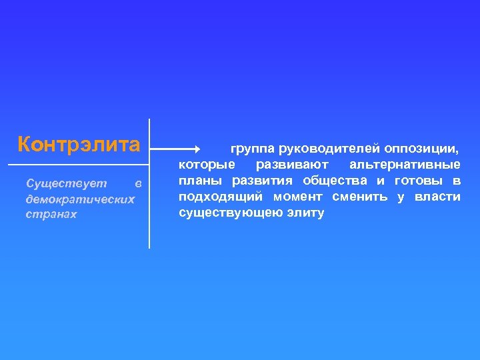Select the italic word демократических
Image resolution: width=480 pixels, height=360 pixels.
[x=79, y=199]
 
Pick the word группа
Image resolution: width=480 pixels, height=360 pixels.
[x=253, y=148]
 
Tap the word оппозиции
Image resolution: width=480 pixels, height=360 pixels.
[x=421, y=148]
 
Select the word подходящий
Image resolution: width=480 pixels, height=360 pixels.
[x=219, y=197]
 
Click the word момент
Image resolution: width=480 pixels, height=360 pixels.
[x=298, y=197]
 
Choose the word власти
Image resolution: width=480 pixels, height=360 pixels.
[x=437, y=197]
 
